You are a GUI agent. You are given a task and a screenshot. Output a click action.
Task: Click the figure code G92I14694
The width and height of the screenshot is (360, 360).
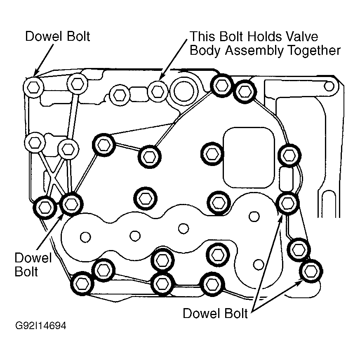[x=41, y=325]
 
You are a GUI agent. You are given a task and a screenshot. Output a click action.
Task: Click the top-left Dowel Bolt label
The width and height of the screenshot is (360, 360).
[x=57, y=36]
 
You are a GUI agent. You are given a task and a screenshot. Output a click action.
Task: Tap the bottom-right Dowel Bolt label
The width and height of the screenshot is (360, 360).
[x=215, y=313]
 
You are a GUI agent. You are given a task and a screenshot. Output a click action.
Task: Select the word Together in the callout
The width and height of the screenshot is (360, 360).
[x=314, y=51]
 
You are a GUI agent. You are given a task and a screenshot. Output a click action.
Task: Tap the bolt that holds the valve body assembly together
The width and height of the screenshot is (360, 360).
[x=158, y=91]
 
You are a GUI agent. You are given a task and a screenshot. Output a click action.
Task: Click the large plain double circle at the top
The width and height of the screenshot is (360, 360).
[x=184, y=91]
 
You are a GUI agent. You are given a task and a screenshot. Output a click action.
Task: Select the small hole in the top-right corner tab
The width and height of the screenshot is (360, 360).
[x=329, y=86]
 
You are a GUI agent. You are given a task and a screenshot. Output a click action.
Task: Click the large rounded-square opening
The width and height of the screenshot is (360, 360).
[x=249, y=158]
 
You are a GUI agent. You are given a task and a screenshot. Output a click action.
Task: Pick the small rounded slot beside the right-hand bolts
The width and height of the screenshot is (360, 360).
[x=286, y=179]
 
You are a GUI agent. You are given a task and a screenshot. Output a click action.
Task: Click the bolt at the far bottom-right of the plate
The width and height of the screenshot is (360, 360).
[x=311, y=271]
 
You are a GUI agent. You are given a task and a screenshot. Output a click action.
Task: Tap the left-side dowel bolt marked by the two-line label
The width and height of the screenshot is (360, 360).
[x=71, y=204]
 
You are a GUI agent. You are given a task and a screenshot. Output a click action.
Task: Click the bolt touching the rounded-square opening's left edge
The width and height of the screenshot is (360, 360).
[x=212, y=154]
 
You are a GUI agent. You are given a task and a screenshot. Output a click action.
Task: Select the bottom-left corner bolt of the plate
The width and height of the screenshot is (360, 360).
[x=82, y=284]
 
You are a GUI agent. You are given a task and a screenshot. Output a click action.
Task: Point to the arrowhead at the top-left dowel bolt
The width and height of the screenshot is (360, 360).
[x=35, y=73]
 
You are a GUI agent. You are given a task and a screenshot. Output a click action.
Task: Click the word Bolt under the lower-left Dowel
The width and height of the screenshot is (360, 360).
[x=26, y=272]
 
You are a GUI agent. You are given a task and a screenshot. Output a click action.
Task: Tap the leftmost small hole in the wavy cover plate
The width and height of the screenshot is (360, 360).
[x=85, y=237]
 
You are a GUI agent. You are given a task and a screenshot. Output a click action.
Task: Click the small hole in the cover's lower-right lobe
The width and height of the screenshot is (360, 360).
[x=259, y=264]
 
